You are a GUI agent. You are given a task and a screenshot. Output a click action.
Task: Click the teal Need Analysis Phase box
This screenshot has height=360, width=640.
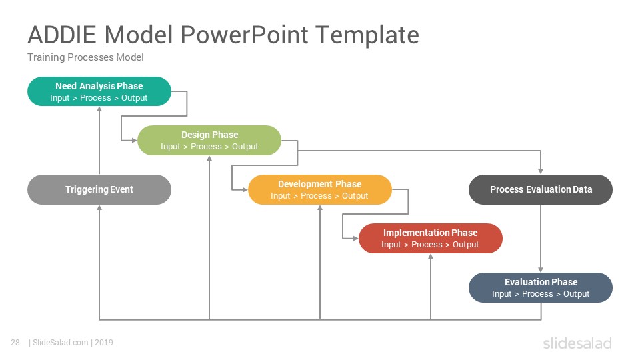pos(99,91)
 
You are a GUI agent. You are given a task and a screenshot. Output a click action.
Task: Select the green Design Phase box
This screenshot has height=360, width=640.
pos(209,141)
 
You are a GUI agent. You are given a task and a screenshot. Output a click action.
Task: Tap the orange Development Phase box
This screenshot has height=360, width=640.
pos(320,190)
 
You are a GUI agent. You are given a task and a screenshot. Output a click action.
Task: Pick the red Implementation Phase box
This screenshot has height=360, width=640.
pos(431,239)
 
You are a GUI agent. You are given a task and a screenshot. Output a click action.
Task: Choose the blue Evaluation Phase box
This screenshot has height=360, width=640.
pos(541,288)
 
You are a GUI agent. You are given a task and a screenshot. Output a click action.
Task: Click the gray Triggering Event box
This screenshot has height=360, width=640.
pos(99,190)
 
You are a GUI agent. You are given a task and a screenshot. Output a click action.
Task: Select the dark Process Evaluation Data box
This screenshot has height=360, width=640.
pos(541,190)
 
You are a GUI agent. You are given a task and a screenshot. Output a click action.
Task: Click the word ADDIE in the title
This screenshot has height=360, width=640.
pos(62,35)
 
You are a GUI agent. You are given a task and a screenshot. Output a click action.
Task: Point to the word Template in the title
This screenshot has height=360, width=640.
pos(367,35)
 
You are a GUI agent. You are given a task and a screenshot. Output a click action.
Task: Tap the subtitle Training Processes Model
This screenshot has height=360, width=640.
pos(86,57)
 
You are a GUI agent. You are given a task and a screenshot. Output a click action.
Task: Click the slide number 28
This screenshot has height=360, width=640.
pos(15,343)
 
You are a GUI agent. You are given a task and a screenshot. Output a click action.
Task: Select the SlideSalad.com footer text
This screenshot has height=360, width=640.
pos(61,343)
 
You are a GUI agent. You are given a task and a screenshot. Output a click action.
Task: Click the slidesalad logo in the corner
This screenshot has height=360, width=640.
pos(577,343)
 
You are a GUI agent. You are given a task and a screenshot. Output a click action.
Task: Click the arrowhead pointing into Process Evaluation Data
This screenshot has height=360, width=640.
pos(541,171)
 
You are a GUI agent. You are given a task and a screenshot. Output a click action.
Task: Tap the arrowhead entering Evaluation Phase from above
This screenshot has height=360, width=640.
pos(541,269)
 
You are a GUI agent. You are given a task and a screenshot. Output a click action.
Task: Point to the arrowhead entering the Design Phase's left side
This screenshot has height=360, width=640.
pos(134,141)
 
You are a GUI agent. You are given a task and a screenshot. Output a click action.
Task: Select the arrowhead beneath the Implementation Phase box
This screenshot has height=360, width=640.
pos(431,257)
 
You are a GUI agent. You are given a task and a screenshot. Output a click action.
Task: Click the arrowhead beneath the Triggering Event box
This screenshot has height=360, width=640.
pos(99,208)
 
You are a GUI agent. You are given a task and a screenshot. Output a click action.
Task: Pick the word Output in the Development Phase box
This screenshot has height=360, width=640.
pos(355,196)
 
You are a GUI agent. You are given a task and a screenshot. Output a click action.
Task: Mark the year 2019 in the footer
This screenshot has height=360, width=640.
pos(104,343)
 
